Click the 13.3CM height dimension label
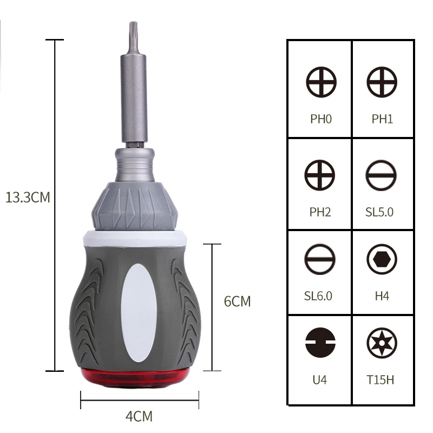(28, 197)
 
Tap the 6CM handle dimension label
(238, 301)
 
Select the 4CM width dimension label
(139, 416)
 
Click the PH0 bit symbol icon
(321, 83)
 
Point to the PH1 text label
(382, 119)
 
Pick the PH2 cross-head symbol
(320, 175)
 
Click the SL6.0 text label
(318, 296)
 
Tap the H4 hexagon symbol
(382, 259)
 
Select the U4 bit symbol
(320, 343)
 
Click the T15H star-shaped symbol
(382, 343)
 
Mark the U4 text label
(320, 380)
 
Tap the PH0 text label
(321, 119)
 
